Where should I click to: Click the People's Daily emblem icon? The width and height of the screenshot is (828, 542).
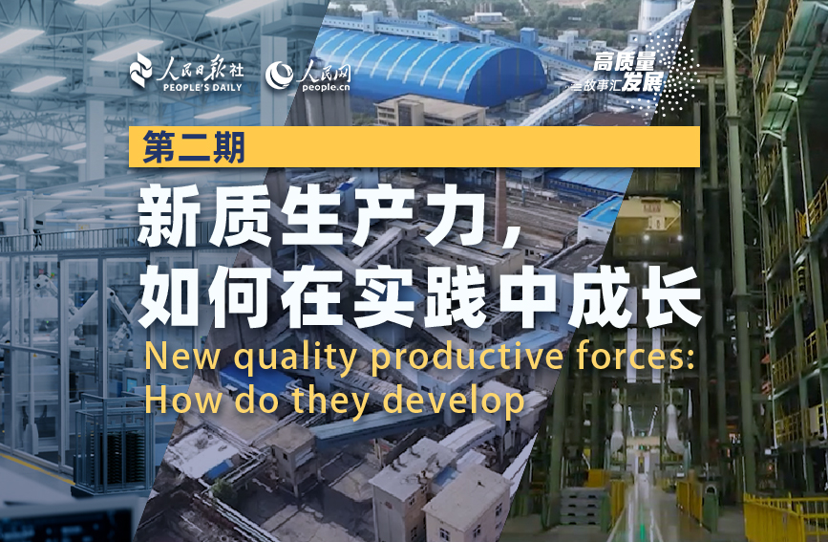tap(141, 70)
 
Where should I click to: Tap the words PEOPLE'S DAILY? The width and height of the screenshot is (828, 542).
tap(202, 88)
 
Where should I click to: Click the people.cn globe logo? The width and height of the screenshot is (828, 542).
tap(280, 76)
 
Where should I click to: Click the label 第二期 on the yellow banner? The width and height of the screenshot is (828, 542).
tap(194, 147)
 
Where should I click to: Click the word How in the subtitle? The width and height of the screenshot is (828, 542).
tap(183, 401)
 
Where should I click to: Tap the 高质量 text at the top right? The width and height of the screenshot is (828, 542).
tap(625, 62)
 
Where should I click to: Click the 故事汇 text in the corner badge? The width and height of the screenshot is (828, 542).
tap(602, 85)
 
